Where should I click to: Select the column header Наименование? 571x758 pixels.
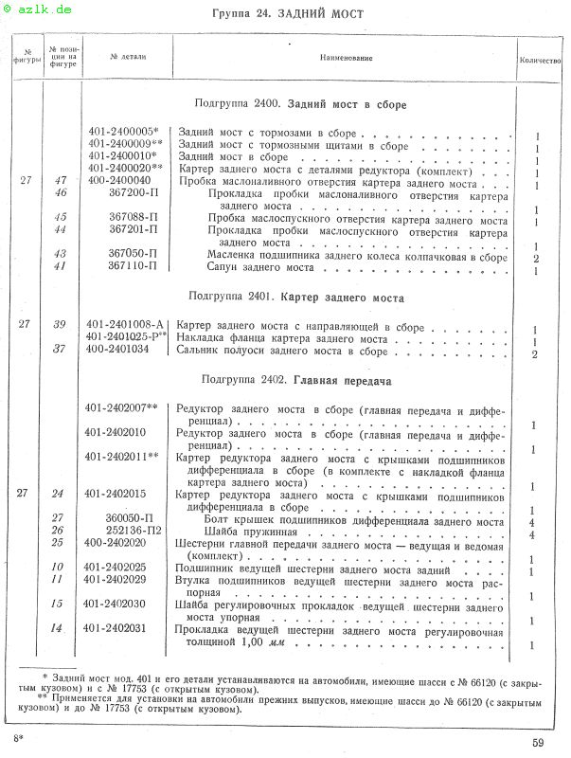click(346, 59)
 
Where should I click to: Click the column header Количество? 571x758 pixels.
click(541, 60)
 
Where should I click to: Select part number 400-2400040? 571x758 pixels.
click(118, 180)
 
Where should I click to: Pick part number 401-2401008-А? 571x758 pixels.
click(124, 325)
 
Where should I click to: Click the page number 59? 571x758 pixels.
click(538, 743)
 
